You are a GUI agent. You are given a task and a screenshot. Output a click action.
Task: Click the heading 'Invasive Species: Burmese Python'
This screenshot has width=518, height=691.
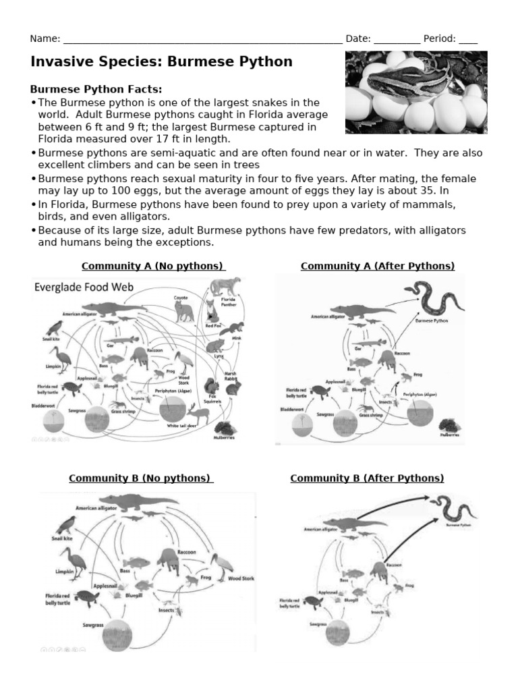(x=161, y=62)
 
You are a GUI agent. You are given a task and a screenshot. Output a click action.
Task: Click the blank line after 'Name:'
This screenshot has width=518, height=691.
(x=202, y=39)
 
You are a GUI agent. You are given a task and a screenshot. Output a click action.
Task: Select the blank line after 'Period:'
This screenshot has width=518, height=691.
(x=468, y=39)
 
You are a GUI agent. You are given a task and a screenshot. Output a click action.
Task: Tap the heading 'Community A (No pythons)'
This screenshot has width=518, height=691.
(x=153, y=265)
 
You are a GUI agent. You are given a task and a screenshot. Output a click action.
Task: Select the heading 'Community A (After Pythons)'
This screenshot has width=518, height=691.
(x=378, y=265)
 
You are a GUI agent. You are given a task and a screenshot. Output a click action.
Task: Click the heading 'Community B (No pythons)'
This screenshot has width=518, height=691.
(x=141, y=478)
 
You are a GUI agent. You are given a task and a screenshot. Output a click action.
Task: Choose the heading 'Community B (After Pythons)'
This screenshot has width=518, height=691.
(x=367, y=478)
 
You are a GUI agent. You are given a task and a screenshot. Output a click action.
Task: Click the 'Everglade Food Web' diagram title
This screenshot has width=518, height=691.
(x=84, y=287)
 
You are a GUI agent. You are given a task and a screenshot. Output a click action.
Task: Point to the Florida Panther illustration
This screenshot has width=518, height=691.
(x=225, y=289)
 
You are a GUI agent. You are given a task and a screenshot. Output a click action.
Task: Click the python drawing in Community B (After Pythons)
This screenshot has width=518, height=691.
(x=454, y=509)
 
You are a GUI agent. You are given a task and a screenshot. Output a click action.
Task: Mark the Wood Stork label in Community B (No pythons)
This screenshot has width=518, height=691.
(x=240, y=578)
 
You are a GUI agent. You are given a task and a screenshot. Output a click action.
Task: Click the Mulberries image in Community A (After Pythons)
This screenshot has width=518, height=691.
(x=450, y=426)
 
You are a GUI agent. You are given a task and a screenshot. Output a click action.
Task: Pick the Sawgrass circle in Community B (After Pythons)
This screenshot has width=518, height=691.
(x=343, y=632)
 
